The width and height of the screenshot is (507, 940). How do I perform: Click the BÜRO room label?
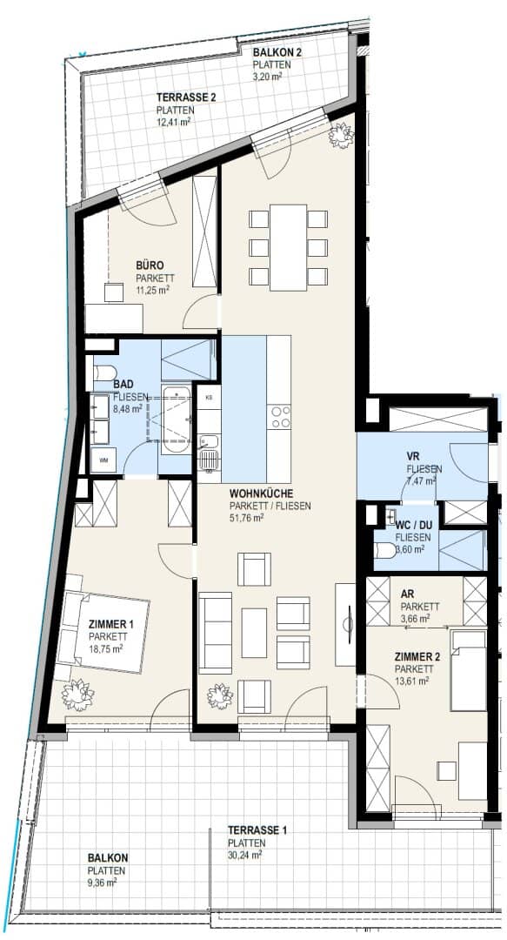(x=150, y=265)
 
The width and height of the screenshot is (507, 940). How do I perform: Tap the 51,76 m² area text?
(x=247, y=518)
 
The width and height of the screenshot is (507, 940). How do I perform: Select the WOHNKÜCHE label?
(x=261, y=493)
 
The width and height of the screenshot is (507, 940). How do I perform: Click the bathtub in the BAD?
(x=177, y=419)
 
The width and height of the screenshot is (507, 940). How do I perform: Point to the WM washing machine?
(x=103, y=460)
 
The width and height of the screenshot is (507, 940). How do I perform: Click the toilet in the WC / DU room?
(x=384, y=550)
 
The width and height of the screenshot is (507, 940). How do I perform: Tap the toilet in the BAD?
(x=104, y=373)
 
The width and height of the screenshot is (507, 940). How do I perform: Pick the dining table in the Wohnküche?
(x=288, y=247)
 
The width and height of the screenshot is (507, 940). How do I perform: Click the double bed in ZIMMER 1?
(x=102, y=633)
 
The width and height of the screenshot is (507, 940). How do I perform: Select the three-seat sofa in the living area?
(x=215, y=633)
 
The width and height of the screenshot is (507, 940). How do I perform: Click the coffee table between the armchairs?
(x=254, y=633)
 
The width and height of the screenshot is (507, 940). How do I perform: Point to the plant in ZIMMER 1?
(x=78, y=695)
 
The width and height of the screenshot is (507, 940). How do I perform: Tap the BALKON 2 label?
(x=277, y=52)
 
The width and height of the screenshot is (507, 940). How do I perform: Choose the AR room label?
(x=407, y=594)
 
